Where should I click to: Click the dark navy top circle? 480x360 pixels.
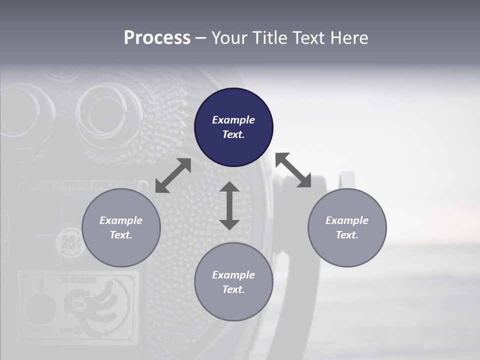pos(233,127)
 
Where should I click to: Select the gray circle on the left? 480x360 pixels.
pos(121,227)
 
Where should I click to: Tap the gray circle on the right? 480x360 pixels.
pos(347,227)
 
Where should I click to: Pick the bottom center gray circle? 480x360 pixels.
pos(233,282)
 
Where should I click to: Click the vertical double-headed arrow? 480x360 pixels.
pos(229,205)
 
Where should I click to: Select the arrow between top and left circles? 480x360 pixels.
pos(173,175)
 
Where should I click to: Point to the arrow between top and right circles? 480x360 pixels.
pos(293,170)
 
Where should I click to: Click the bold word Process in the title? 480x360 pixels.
pos(157,37)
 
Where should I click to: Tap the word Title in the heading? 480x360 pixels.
pos(270,37)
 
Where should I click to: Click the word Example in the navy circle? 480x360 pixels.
pos(233,120)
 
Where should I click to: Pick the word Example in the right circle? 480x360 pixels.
pos(347,220)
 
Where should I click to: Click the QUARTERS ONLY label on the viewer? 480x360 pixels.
pos(75,185)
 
